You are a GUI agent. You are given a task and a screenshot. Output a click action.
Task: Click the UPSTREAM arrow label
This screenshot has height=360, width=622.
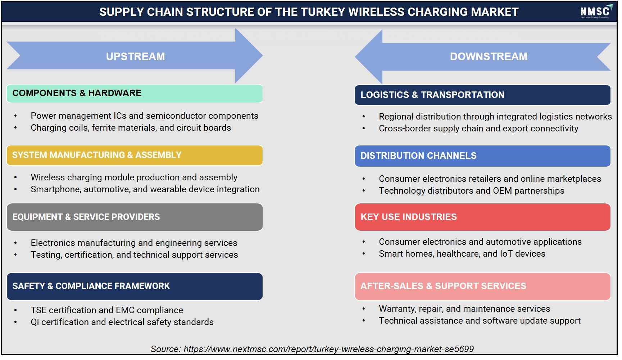[x=135, y=57]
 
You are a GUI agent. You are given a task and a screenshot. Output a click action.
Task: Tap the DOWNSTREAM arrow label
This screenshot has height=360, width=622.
[x=489, y=57]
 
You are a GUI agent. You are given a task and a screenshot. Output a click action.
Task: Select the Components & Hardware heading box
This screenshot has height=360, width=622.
[x=135, y=94]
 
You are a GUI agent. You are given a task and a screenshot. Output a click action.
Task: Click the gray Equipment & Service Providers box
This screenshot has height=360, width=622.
[x=135, y=217]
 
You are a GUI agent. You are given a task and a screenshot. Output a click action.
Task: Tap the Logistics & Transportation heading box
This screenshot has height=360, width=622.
[x=483, y=95]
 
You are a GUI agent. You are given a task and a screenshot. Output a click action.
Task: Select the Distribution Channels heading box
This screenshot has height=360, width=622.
[x=483, y=156]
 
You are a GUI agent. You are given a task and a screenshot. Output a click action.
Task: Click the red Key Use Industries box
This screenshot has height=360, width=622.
[x=483, y=217]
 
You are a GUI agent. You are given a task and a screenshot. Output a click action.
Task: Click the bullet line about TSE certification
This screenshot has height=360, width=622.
[x=107, y=310]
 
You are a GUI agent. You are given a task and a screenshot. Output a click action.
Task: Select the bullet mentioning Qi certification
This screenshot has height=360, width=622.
[x=122, y=322]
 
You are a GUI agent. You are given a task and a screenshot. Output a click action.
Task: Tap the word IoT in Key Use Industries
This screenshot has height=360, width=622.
[x=506, y=253]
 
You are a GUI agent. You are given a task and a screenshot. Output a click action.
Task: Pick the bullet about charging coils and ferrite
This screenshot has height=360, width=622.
[x=131, y=127]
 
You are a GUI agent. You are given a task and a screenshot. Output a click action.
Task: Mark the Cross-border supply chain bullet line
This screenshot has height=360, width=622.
[x=478, y=129]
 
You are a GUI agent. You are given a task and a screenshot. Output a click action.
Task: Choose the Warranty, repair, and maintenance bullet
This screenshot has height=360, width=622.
[x=464, y=309]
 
